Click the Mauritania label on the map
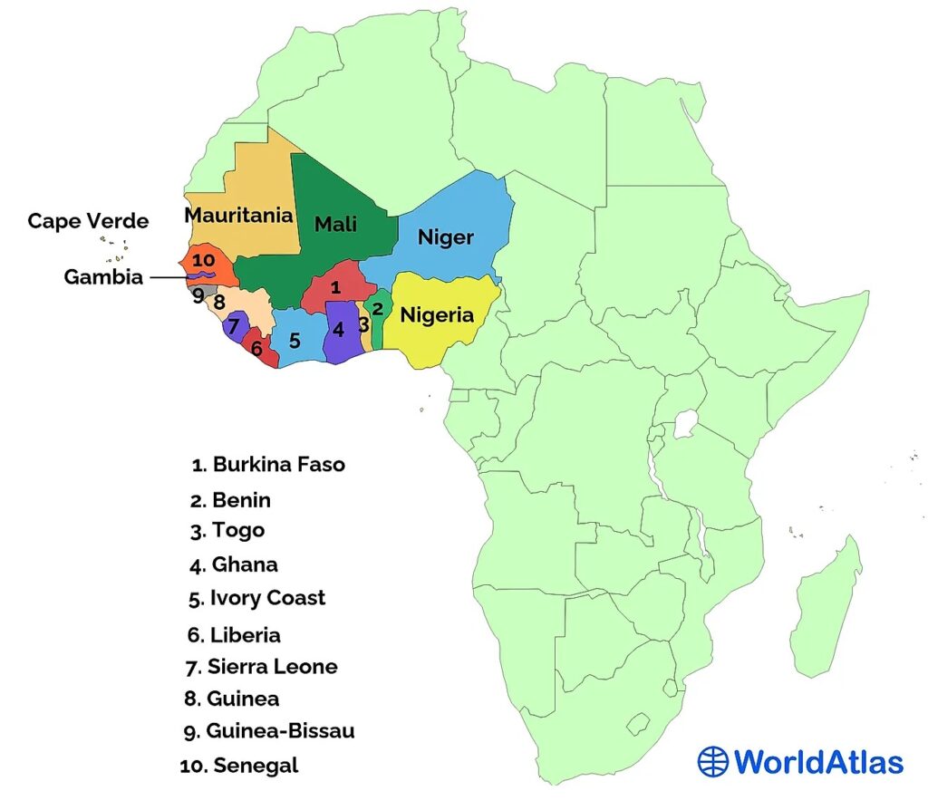pyautogui.click(x=239, y=216)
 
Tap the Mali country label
pyautogui.click(x=335, y=224)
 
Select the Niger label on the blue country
pyautogui.click(x=445, y=237)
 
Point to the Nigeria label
pyautogui.click(x=437, y=315)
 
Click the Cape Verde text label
pyautogui.click(x=88, y=221)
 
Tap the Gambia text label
pyautogui.click(x=103, y=277)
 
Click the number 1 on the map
pyautogui.click(x=335, y=288)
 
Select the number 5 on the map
pyautogui.click(x=295, y=342)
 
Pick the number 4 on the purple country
pyautogui.click(x=339, y=330)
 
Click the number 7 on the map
pyautogui.click(x=233, y=325)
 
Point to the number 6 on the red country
pyautogui.click(x=256, y=348)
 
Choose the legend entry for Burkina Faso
pyautogui.click(x=269, y=465)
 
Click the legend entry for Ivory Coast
pyautogui.click(x=257, y=598)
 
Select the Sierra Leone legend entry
pyautogui.click(x=261, y=667)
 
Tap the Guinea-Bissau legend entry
pyautogui.click(x=268, y=731)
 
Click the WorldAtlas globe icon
pyautogui.click(x=713, y=761)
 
